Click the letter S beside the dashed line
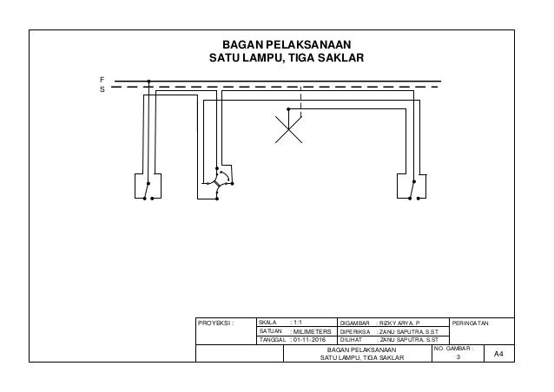click(x=102, y=88)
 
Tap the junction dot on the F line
click(x=149, y=83)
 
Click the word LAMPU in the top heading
click(x=255, y=59)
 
